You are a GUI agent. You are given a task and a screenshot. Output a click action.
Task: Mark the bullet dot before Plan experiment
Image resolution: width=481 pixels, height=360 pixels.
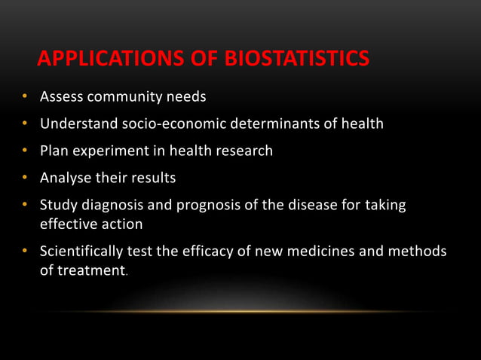[x=25, y=151]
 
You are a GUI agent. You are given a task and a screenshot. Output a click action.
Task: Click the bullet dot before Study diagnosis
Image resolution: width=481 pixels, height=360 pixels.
[x=25, y=205]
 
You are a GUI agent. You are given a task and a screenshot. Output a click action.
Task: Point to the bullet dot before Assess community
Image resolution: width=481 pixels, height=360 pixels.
[x=25, y=97]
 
